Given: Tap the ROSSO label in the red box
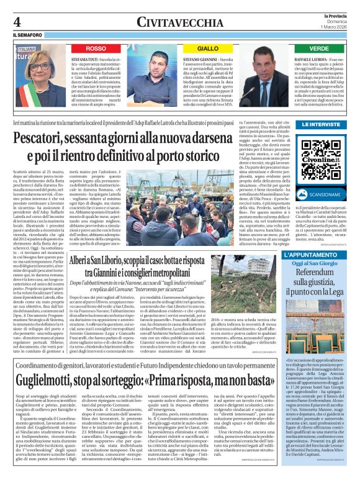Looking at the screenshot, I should click(96, 48).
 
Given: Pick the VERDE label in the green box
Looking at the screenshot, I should click(319, 48).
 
